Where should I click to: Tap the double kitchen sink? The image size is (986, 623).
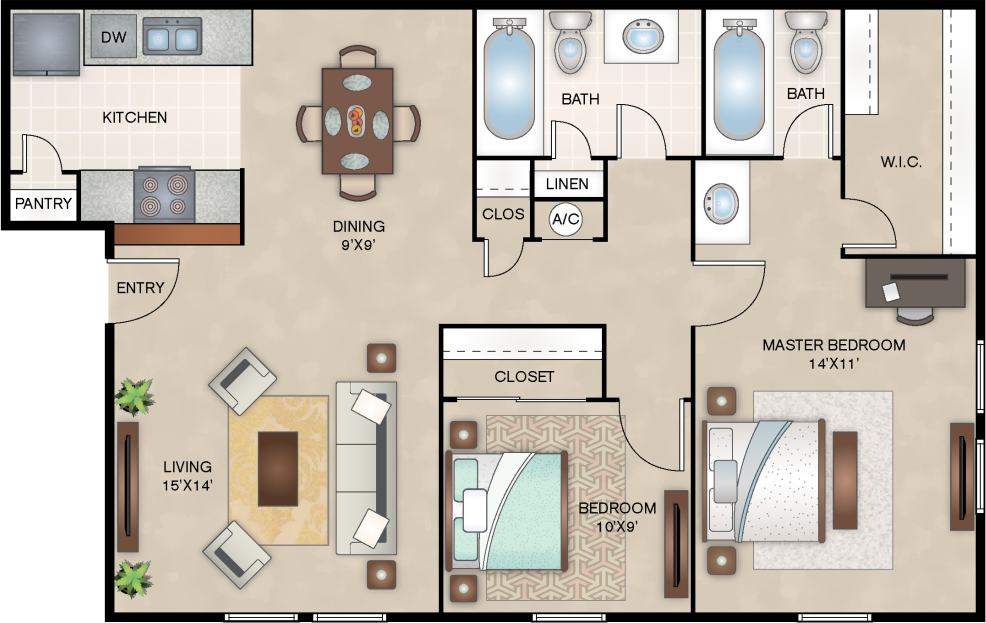[171, 39]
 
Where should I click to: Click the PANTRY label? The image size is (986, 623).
[43, 205]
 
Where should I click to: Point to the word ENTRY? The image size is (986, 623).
[140, 288]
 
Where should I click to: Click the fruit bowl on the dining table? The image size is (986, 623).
[357, 121]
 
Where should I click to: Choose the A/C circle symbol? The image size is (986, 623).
[566, 219]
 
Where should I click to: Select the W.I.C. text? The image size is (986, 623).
[900, 162]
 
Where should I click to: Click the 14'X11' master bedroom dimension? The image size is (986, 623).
[833, 365]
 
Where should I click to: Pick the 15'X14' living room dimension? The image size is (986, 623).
[188, 486]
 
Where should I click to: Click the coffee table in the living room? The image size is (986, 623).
[277, 468]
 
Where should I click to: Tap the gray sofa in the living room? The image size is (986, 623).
[365, 468]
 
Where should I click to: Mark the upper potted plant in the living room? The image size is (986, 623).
[134, 396]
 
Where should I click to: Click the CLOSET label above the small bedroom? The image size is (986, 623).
[524, 377]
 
